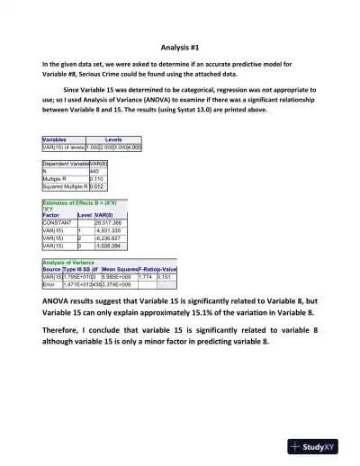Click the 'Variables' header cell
coord(57,139)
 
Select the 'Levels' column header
coord(113,139)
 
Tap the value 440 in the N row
coord(95,171)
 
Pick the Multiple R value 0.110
coord(97,178)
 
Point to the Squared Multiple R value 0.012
coord(97,186)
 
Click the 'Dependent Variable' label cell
coord(65,163)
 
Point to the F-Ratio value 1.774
coord(146,276)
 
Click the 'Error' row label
coord(50,283)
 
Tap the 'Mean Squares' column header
coord(119,269)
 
